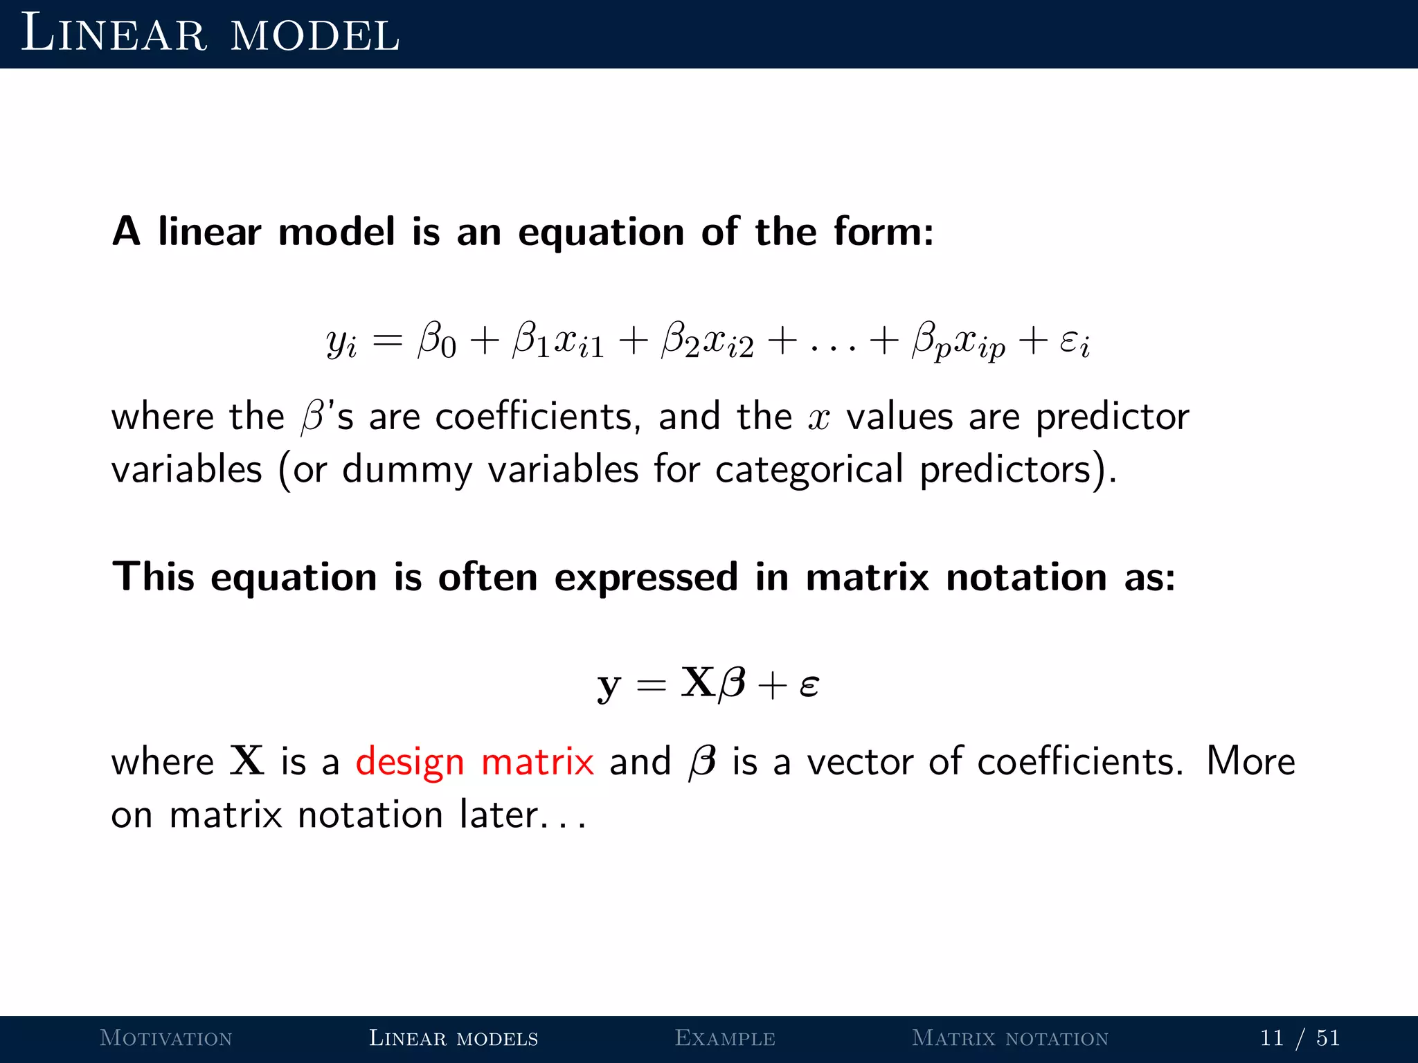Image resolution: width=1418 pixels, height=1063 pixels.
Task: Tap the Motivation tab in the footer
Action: [x=166, y=1038]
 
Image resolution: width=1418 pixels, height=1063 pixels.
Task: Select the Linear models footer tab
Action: [x=454, y=1038]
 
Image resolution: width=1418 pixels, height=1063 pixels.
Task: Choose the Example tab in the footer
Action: [x=725, y=1038]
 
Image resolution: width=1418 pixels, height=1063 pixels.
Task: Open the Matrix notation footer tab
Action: [x=1010, y=1038]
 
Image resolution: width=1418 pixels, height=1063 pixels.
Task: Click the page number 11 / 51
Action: [x=1300, y=1038]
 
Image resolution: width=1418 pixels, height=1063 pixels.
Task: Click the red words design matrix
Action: [x=475, y=762]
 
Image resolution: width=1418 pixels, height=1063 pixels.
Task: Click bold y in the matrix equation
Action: [x=609, y=685]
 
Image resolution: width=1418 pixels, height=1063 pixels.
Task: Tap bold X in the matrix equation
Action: [x=698, y=682]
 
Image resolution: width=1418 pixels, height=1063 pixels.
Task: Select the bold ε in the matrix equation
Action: [x=809, y=685]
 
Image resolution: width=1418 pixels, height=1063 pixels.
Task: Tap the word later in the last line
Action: [x=499, y=815]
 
